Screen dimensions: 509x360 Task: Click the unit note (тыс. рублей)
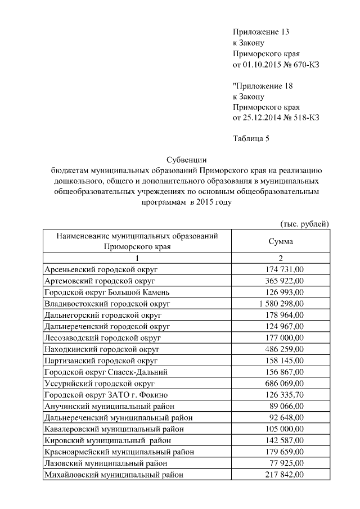pyautogui.click(x=304, y=224)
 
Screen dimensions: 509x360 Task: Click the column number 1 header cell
pyautogui.click(x=137, y=258)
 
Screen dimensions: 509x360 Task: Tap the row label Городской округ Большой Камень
pyautogui.click(x=106, y=292)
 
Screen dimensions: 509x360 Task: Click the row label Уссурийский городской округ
pyautogui.click(x=99, y=383)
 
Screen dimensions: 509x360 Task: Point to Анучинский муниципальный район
pyautogui.click(x=110, y=406)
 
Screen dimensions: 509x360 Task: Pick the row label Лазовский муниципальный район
pyautogui.click(x=106, y=463)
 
